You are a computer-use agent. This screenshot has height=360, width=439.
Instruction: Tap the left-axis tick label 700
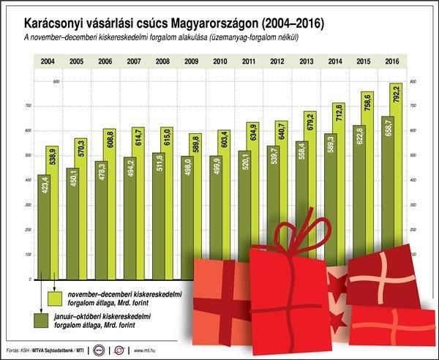click(x=29, y=106)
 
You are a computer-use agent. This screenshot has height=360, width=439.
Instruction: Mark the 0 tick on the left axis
click(x=31, y=280)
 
